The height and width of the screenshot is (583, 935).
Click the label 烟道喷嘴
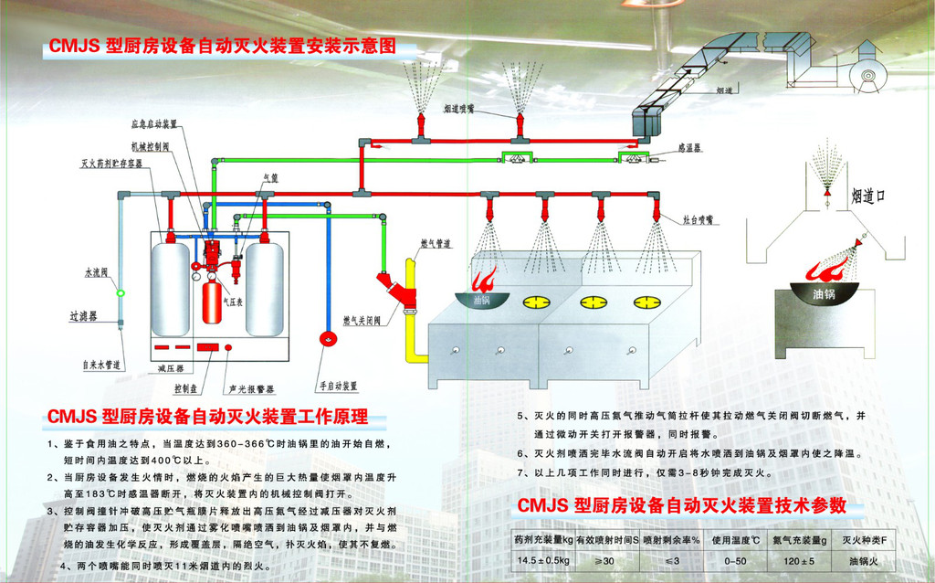(466, 108)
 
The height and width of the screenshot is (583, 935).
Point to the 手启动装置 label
(337, 385)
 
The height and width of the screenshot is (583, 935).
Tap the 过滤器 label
(84, 317)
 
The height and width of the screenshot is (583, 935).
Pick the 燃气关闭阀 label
(362, 321)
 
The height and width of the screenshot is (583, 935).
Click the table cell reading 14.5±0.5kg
(543, 560)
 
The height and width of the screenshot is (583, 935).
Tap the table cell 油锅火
(863, 560)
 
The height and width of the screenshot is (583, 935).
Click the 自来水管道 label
(101, 365)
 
